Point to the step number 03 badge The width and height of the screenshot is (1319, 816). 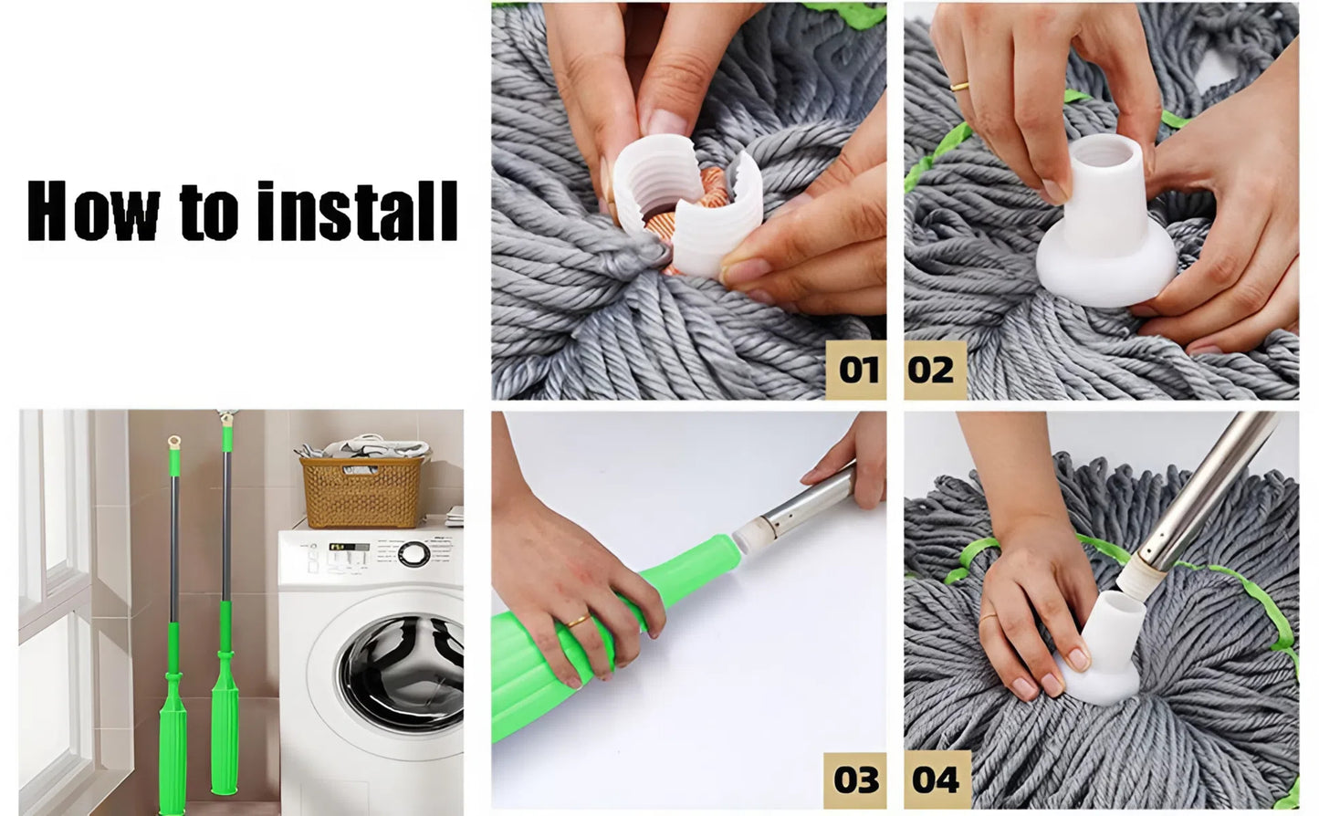point(856,779)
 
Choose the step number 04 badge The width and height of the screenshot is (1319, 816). point(935,780)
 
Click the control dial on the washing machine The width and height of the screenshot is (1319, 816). point(413,554)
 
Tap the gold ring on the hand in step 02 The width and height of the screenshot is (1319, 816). point(959,87)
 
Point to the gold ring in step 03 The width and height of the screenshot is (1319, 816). point(577,622)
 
